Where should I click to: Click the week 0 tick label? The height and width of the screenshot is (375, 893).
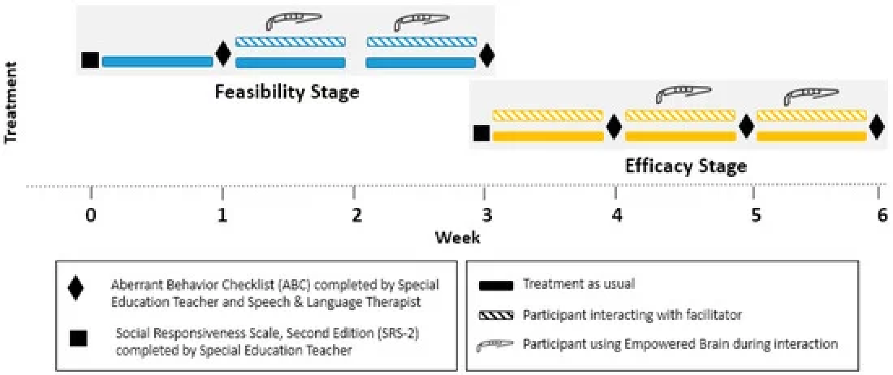[x=91, y=215]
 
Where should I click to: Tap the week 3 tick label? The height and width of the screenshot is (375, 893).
[x=487, y=215]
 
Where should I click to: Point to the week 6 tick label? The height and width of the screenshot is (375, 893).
[x=882, y=215]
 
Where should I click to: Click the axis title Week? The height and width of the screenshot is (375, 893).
[x=458, y=238]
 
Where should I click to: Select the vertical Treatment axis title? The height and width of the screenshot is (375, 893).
[x=11, y=102]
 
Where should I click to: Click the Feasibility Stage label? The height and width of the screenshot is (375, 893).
[x=287, y=92]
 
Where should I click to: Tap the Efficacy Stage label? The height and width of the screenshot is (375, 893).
[x=686, y=166]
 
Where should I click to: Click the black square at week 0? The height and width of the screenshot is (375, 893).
[x=90, y=61]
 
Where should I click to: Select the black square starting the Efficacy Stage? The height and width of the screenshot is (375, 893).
[x=482, y=133]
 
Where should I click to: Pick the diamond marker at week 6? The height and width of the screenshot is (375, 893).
[x=877, y=127]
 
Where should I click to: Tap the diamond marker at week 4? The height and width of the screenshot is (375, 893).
[x=614, y=127]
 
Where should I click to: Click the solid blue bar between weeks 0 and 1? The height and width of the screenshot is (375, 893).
[x=157, y=62]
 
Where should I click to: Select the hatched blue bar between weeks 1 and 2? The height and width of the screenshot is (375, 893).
[x=290, y=42]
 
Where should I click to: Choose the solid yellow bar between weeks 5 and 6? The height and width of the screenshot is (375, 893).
[x=812, y=136]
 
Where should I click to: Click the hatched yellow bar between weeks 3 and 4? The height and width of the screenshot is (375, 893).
[x=548, y=116]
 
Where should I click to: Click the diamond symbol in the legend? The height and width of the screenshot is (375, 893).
[x=76, y=288]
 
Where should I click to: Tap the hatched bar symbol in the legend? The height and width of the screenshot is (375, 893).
[x=496, y=315]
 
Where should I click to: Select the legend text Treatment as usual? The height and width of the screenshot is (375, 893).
[x=579, y=284]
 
